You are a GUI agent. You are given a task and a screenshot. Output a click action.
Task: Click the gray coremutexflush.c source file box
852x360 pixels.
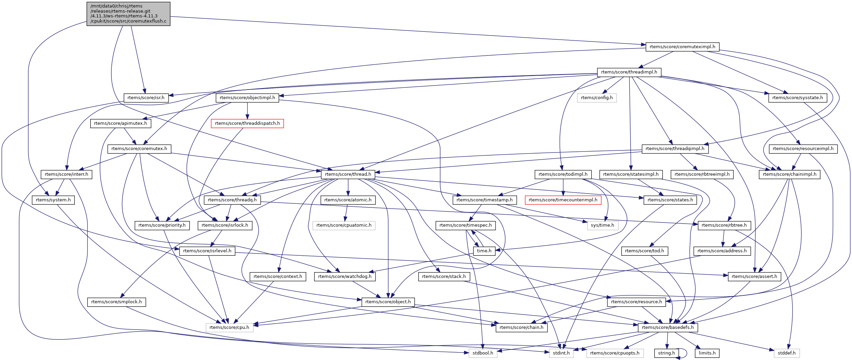click(x=128, y=14)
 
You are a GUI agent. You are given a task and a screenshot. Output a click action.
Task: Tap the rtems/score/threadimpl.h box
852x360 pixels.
click(x=629, y=72)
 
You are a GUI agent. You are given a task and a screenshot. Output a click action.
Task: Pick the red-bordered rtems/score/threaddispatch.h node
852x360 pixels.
click(x=247, y=123)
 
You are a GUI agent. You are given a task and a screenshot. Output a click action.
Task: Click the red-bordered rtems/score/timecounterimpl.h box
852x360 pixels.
click(x=563, y=200)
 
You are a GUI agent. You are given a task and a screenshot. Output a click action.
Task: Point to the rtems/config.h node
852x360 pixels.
click(x=596, y=98)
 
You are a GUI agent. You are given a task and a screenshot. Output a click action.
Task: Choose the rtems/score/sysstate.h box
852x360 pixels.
click(x=797, y=98)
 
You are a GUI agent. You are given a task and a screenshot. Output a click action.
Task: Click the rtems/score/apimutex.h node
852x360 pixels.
click(x=120, y=123)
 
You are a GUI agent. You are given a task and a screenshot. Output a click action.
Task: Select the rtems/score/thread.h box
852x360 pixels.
click(x=348, y=174)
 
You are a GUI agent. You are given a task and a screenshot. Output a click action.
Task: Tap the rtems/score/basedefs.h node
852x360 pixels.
click(x=667, y=328)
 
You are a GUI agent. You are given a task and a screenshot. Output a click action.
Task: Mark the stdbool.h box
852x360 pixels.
click(x=483, y=353)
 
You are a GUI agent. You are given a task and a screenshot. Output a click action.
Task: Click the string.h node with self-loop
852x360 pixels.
click(x=666, y=353)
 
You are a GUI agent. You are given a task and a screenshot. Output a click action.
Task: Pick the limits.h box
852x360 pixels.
click(x=707, y=353)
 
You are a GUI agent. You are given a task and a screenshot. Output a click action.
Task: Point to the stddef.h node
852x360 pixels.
click(x=786, y=353)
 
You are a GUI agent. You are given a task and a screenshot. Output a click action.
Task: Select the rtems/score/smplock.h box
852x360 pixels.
click(x=116, y=302)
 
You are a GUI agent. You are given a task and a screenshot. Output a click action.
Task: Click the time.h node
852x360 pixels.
click(x=484, y=251)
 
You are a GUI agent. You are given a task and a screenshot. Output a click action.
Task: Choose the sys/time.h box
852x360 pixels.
click(x=602, y=225)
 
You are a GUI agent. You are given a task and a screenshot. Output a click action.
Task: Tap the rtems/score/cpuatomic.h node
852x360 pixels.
click(x=343, y=225)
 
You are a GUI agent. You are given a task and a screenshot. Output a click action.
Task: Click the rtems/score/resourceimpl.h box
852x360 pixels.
click(x=803, y=149)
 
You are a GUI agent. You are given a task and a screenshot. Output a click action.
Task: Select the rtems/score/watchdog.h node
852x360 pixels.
click(x=344, y=277)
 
